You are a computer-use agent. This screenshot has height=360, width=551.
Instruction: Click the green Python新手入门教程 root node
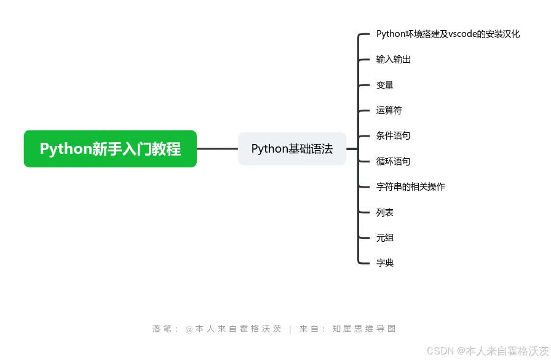[x=110, y=149]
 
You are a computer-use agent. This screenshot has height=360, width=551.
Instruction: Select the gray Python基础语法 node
[x=292, y=149]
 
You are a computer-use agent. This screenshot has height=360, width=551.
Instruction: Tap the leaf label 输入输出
[x=394, y=60]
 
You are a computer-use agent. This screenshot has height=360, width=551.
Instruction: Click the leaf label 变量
[x=385, y=85]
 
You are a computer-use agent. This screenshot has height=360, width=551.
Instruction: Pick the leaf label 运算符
[x=389, y=111]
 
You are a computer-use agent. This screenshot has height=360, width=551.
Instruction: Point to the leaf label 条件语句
[x=394, y=136]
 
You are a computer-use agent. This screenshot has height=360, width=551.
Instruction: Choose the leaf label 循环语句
[x=394, y=161]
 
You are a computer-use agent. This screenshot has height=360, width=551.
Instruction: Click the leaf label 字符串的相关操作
[x=411, y=186]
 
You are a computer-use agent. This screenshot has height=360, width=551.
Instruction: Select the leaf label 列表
[x=385, y=212]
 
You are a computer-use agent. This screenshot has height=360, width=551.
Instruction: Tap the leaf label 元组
[x=385, y=238]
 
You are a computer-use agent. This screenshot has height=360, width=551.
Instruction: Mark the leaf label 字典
[x=385, y=263]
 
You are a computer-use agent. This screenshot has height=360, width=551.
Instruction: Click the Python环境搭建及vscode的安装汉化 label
[x=448, y=34]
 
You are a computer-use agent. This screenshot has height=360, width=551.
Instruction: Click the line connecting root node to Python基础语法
[x=217, y=149]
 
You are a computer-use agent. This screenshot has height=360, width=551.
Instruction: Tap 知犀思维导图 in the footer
[x=364, y=329]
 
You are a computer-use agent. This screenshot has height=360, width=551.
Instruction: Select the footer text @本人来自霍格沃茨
[x=234, y=329]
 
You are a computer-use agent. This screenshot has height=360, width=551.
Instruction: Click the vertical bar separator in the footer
[x=290, y=329]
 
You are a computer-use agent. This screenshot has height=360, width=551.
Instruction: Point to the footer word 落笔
[x=161, y=329]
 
